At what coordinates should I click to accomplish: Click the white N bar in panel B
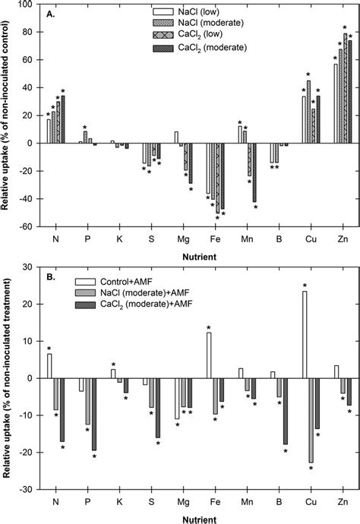coord(49,366)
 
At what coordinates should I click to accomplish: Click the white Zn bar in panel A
coord(336,103)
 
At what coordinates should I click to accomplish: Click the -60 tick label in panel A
coord(28,226)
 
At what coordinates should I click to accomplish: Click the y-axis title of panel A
coord(7,114)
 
